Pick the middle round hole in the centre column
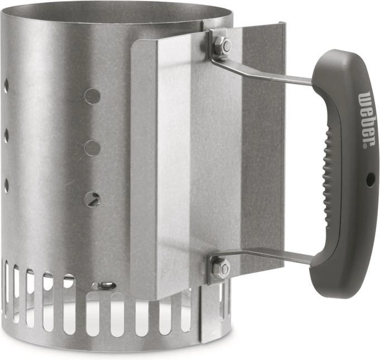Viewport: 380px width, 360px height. coord(92,148)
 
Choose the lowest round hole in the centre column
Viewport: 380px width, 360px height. coord(92,199)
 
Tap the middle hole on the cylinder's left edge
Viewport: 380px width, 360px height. coord(6,135)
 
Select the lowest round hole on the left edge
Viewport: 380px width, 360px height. coord(6,183)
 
